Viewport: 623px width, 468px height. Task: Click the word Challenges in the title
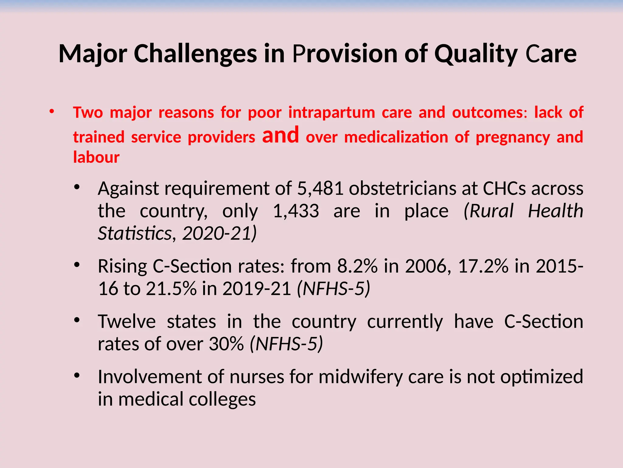point(195,54)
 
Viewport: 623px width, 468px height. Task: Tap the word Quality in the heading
point(476,54)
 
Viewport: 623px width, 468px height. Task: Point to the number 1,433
point(296,211)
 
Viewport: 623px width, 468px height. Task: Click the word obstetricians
point(402,189)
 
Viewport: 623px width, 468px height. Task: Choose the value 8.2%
point(357,266)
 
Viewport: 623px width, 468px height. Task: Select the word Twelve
point(127,322)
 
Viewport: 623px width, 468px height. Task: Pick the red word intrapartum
point(332,113)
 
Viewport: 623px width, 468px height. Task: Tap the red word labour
point(96,158)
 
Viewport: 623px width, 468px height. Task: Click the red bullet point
point(52,112)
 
